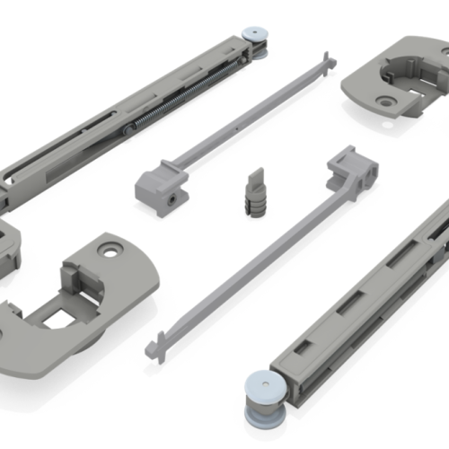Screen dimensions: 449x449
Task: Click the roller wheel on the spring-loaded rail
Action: (x=256, y=36)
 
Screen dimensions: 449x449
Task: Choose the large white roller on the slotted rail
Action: (x=266, y=396)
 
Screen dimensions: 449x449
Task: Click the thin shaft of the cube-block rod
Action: (x=251, y=112)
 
